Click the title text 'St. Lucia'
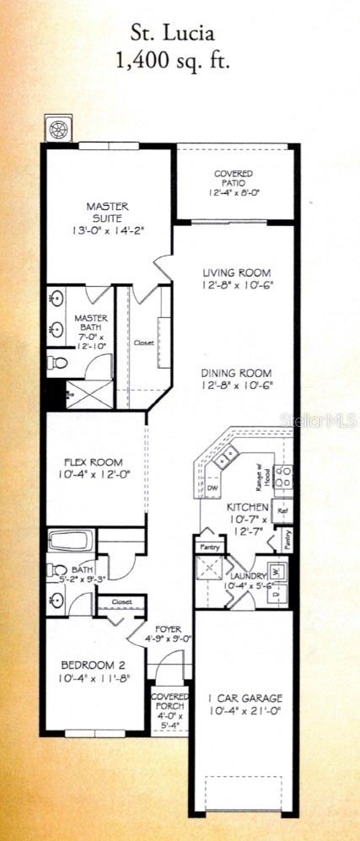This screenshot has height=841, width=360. [x=172, y=34]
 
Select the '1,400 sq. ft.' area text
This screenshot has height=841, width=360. [x=172, y=61]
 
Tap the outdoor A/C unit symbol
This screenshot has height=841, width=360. [x=59, y=130]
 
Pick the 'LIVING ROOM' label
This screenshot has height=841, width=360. [x=236, y=278]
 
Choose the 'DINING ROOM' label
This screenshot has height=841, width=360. [x=236, y=380]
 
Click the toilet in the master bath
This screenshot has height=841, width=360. [x=58, y=364]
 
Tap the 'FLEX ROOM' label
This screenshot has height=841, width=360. [x=94, y=468]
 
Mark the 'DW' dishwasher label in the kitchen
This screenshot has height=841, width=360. [x=212, y=488]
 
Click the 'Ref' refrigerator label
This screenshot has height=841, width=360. [x=283, y=510]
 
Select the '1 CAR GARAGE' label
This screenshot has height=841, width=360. [x=244, y=704]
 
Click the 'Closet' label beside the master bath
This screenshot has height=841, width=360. [x=143, y=343]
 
